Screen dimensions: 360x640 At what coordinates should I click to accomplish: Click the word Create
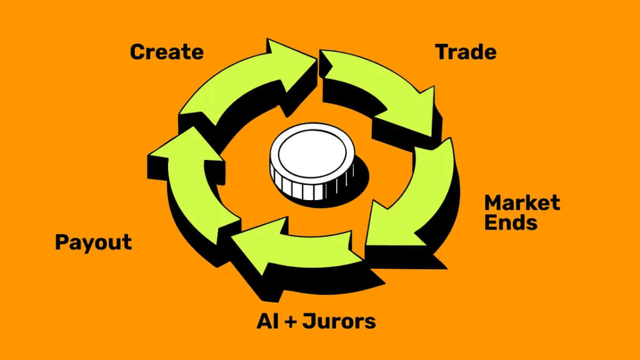click(167, 52)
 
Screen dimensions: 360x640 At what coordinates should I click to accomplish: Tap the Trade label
click(466, 52)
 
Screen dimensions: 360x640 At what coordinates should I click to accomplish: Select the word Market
click(522, 203)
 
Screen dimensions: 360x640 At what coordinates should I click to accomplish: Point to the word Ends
click(511, 222)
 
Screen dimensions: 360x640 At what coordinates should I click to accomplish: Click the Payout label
click(94, 242)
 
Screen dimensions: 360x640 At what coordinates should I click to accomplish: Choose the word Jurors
click(339, 322)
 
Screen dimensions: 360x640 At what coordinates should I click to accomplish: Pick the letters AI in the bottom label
click(267, 322)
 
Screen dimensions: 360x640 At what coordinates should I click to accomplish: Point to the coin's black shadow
click(353, 181)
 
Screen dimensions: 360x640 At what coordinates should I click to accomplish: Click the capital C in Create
click(137, 52)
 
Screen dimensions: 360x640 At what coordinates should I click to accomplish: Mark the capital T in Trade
click(442, 52)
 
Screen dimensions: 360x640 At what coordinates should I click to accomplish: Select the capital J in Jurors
click(308, 322)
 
